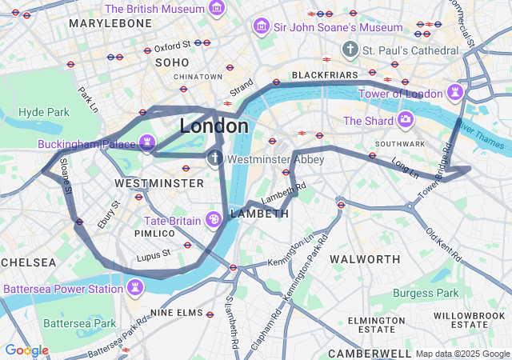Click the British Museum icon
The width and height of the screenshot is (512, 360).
216,8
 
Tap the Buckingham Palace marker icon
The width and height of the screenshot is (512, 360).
146,143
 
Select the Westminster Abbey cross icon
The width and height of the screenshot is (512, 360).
215,158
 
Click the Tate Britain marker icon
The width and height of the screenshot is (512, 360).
214,219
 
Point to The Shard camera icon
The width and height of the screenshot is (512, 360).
406,121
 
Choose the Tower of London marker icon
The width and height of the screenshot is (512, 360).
455,93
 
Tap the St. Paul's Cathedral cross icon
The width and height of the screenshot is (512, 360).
350,50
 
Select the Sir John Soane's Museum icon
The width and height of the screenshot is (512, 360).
261,27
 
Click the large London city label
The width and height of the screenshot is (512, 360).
214,126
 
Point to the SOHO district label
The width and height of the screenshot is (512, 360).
172,62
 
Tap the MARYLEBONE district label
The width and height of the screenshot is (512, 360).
110,23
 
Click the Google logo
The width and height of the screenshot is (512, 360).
26,350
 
